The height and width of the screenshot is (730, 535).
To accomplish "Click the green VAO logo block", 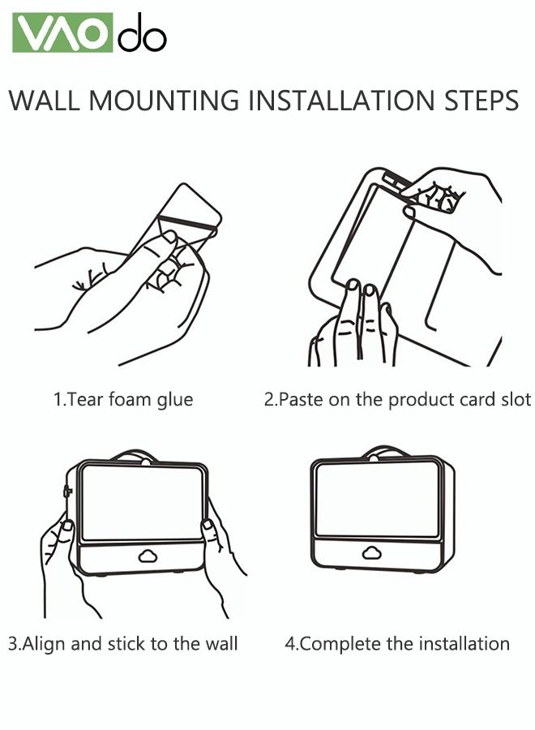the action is coord(62,32).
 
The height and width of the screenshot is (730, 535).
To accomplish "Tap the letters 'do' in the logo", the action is coord(142,32).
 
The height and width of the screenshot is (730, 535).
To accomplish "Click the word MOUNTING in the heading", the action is coord(164,100).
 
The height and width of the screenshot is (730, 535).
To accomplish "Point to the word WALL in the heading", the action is coord(45,100).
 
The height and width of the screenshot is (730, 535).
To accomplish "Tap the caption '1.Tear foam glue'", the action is coord(123,400).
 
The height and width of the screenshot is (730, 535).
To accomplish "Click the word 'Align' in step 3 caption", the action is coord(43,644).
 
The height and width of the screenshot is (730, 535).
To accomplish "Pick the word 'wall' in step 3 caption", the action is coord(221,643).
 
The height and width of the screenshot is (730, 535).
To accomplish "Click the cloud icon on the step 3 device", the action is coord(148,555).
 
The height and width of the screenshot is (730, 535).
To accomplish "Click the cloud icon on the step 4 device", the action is coord(372,552).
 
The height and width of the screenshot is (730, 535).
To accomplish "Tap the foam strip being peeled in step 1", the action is coord(187,222).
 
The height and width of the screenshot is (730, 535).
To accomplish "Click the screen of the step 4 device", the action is coord(376,499).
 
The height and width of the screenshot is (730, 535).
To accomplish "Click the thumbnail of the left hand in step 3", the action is coord(68,526).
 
